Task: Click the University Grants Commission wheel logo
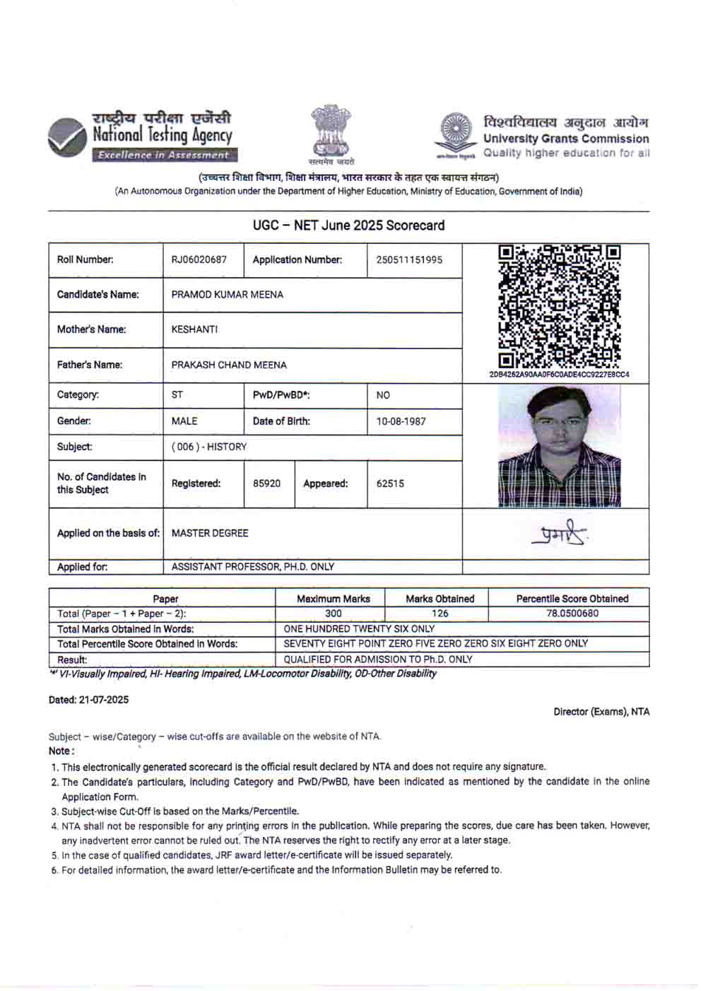pyautogui.click(x=455, y=132)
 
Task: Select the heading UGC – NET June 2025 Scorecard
pyautogui.click(x=348, y=225)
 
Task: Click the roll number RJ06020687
pyautogui.click(x=199, y=259)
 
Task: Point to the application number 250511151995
pyautogui.click(x=409, y=259)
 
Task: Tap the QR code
pyautogui.click(x=558, y=305)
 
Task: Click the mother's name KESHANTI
pyautogui.click(x=194, y=329)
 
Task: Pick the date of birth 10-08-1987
pyautogui.click(x=401, y=421)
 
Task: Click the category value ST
pyautogui.click(x=177, y=395)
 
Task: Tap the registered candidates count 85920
pyautogui.click(x=266, y=483)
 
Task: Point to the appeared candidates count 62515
pyautogui.click(x=390, y=483)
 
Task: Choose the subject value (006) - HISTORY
pyautogui.click(x=208, y=447)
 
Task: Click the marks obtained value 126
pyautogui.click(x=440, y=614)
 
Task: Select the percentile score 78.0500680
pyautogui.click(x=572, y=614)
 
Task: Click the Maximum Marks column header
pyautogui.click(x=333, y=599)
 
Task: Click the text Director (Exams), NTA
pyautogui.click(x=601, y=712)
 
